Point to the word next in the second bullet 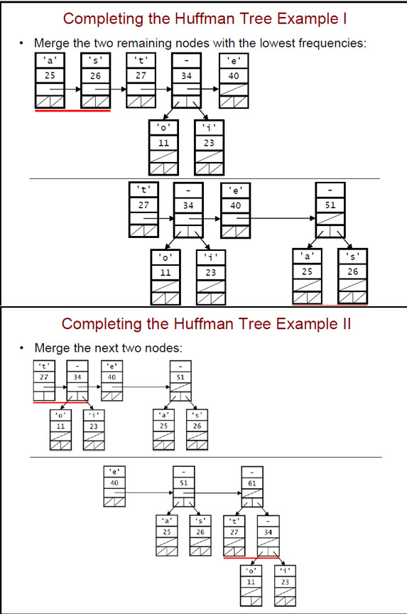coord(104,348)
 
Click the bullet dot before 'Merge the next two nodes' coord(23,348)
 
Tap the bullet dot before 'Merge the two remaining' coord(23,43)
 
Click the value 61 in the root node coord(252,483)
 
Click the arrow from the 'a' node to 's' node coord(72,90)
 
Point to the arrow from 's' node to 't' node coord(116,90)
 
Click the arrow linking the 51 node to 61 coord(217,493)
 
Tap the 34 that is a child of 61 coord(267,530)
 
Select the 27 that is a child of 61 coord(233,530)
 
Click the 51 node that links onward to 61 coord(183,483)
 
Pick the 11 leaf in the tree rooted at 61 coord(251,581)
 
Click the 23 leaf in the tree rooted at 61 coord(285,581)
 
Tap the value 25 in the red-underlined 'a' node coord(50,74)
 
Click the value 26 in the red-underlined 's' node coord(95,74)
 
